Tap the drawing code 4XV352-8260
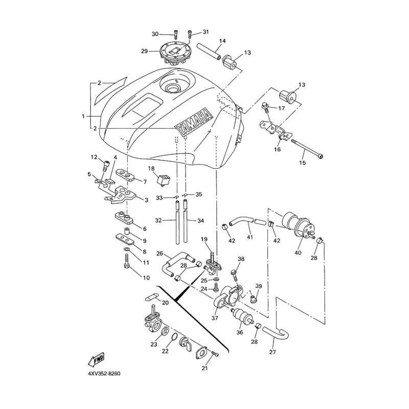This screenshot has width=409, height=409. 104,374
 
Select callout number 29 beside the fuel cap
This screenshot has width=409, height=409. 145,51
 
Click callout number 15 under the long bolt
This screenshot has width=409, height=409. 303,163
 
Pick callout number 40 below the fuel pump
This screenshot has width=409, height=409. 298,253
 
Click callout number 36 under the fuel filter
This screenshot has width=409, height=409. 239,332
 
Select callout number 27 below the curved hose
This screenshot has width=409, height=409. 272,352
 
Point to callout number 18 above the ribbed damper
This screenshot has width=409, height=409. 151,168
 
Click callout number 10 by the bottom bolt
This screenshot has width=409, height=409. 146,278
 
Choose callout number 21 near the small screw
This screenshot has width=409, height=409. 205,368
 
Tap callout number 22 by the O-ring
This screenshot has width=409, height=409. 165,351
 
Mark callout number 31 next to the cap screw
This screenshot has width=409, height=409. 206,32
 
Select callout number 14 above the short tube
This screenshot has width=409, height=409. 222,41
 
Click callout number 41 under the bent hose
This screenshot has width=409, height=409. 250,237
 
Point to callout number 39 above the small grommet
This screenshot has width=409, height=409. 259,286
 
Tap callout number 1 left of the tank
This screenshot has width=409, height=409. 83,117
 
